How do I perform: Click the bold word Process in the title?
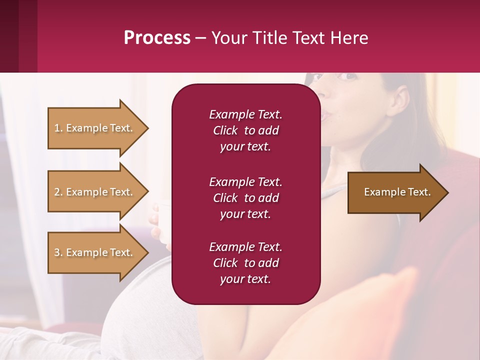click(157, 38)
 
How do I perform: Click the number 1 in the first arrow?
click(57, 128)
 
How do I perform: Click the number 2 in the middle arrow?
click(57, 192)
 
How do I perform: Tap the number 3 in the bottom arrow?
click(57, 252)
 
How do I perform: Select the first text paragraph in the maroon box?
click(245, 130)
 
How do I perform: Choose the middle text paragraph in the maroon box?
click(245, 198)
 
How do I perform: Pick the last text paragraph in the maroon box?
click(245, 263)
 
